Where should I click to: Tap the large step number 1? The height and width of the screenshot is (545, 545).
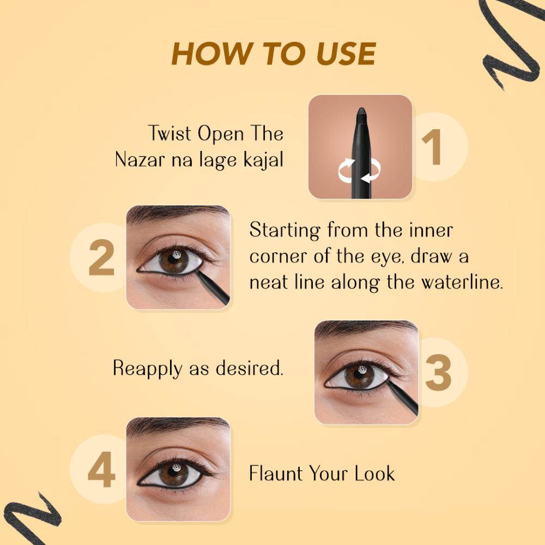click(x=432, y=147)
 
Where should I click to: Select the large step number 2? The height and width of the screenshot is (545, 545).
click(x=101, y=258)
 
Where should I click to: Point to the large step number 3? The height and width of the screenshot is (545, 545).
click(x=438, y=372)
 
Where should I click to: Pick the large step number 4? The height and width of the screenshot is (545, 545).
click(x=101, y=469)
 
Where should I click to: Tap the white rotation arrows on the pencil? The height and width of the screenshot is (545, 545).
click(x=359, y=170)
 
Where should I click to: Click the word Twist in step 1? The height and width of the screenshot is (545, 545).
click(x=170, y=134)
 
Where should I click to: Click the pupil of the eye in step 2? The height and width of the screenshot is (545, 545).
click(x=173, y=258)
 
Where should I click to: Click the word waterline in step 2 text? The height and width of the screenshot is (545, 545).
click(x=462, y=282)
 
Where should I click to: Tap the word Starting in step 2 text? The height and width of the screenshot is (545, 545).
click(x=285, y=231)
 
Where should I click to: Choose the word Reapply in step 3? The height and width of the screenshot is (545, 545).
click(x=147, y=368)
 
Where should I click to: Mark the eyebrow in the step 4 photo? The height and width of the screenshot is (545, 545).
click(x=177, y=425)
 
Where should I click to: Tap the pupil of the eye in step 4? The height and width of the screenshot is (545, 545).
click(x=173, y=471)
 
